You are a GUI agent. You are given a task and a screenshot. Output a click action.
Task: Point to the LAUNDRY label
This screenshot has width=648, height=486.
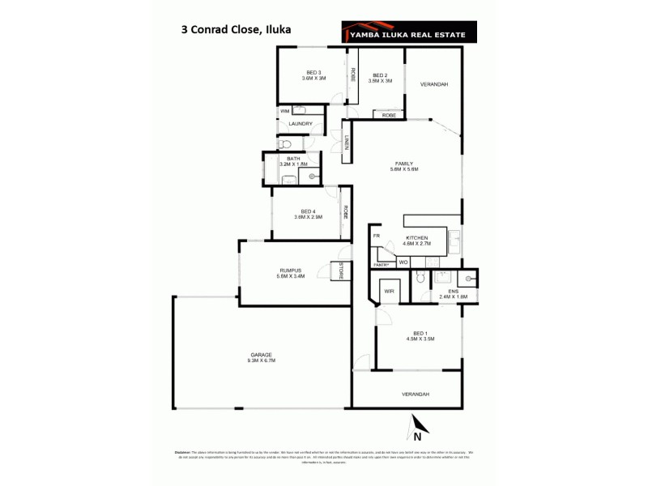[301, 124]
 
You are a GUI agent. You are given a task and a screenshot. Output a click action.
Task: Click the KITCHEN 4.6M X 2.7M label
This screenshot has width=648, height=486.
[418, 241]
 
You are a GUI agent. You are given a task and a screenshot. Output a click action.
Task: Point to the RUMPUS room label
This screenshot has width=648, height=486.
[290, 273]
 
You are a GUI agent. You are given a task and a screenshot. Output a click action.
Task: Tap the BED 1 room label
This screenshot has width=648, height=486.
[419, 336]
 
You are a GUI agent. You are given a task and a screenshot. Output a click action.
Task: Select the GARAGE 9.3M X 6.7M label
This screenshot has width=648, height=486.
[262, 357]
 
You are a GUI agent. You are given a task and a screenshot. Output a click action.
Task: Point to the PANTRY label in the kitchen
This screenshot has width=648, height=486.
[381, 265]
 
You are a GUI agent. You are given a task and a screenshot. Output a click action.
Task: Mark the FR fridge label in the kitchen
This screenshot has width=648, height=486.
[377, 235]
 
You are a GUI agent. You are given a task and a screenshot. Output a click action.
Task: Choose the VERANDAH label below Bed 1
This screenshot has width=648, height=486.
[416, 394]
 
